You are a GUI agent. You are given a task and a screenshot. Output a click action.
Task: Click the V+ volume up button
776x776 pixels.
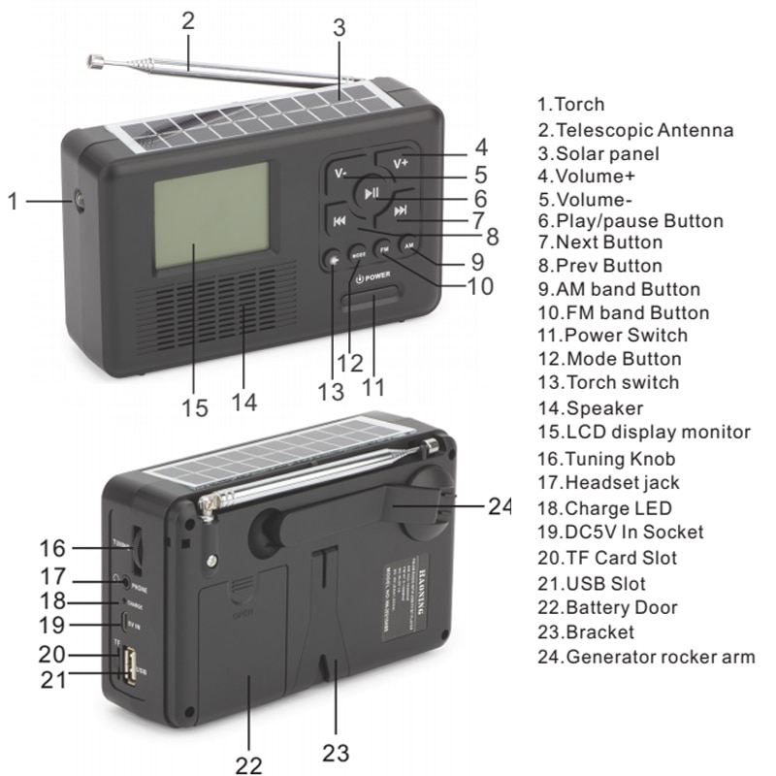coord(401,162)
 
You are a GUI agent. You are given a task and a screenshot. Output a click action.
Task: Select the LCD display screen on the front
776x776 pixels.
coord(210,214)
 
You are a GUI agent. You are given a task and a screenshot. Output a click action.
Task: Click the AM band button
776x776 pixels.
coord(408,245)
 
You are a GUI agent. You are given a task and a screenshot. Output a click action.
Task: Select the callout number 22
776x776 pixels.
coord(248,764)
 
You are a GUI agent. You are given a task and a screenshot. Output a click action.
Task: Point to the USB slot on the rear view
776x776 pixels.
coord(127,667)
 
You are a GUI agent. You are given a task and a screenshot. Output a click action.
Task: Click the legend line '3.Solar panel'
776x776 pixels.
coord(598,153)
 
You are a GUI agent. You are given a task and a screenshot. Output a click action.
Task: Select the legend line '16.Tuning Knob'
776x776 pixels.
coord(606,459)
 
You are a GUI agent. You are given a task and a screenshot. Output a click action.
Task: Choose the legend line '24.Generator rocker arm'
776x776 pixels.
coord(645,657)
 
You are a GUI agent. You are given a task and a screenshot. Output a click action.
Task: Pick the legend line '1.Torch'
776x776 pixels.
coord(570,104)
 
